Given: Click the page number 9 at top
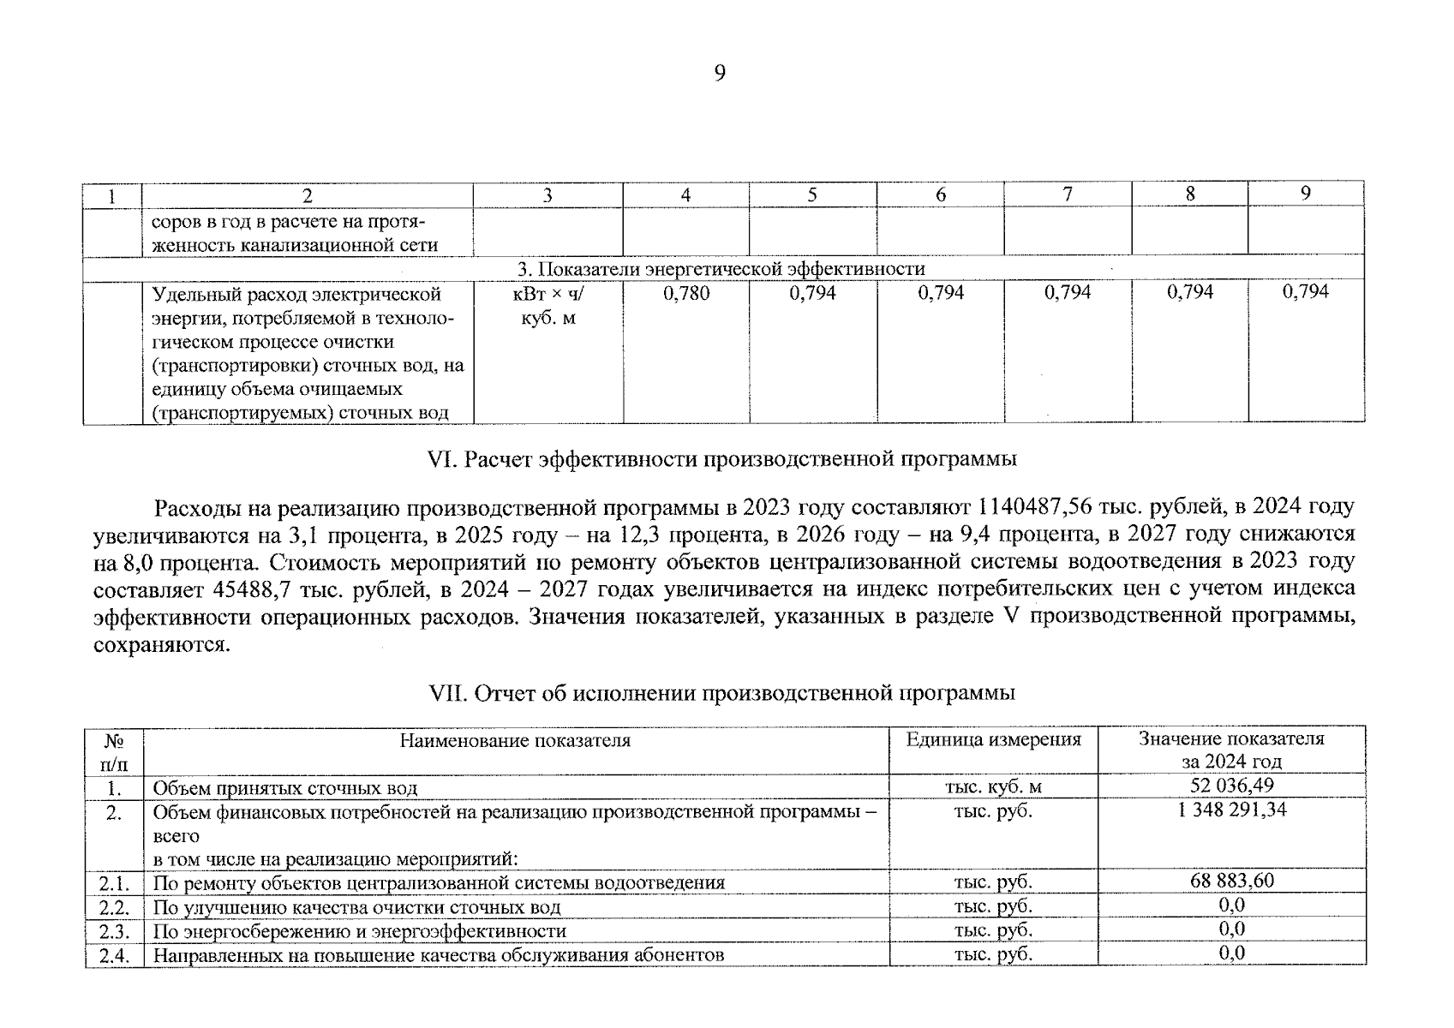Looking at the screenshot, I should (x=719, y=73).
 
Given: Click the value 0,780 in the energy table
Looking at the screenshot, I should (x=686, y=294).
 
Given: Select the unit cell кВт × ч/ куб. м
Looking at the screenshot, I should (x=547, y=306).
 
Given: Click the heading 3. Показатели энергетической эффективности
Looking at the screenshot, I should (x=722, y=268).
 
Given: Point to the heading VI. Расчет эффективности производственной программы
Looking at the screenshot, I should (x=722, y=459).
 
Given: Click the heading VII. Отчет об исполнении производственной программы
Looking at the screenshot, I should (x=722, y=693).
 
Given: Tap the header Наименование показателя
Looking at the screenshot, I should (x=515, y=740).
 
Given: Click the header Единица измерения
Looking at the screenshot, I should (x=994, y=739).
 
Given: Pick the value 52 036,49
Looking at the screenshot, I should (x=1231, y=786).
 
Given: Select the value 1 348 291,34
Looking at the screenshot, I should (x=1231, y=810).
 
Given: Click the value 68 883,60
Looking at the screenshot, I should (x=1231, y=882).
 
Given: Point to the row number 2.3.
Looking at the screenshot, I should (x=114, y=930).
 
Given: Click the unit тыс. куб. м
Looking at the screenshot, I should (x=993, y=786).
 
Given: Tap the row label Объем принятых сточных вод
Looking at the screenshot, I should (x=284, y=787).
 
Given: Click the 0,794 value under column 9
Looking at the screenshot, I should (x=1305, y=292).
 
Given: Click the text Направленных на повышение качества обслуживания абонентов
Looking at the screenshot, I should (x=438, y=954).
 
